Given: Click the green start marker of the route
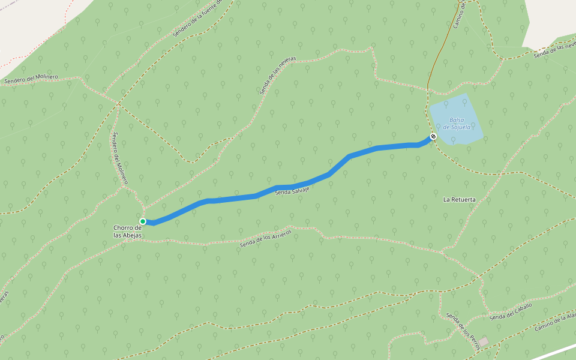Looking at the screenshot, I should pos(143,221).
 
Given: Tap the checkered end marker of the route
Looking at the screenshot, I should pos(433,136).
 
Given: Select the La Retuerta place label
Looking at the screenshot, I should pos(459,199).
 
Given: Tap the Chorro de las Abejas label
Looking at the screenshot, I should pos(127,232).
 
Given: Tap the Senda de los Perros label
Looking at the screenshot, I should pos(463,331).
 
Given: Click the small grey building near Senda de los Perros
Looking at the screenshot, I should pos(483,341).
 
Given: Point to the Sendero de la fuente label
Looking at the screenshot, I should pos(197,19).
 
